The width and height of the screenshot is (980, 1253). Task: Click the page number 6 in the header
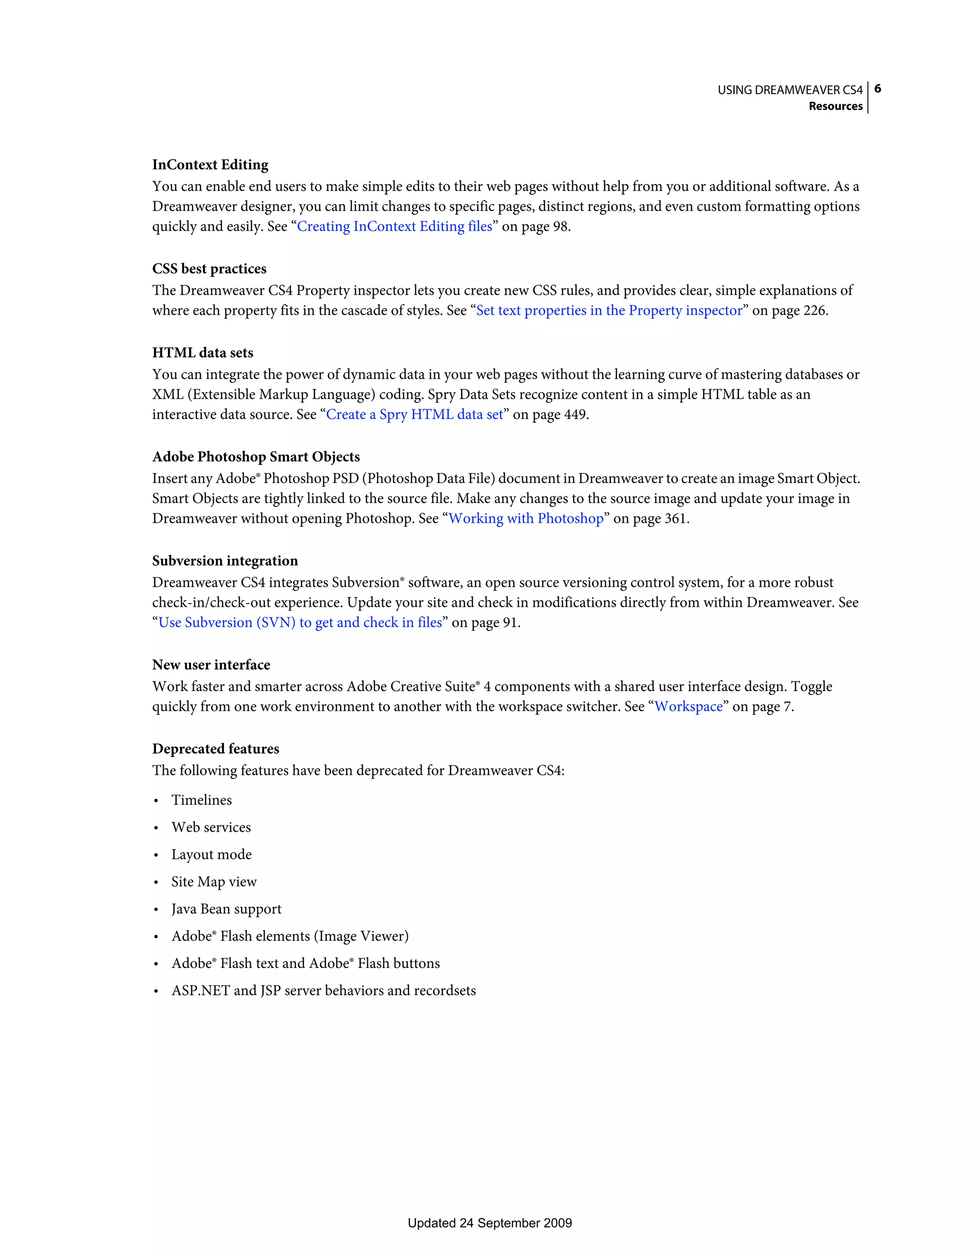click(x=877, y=89)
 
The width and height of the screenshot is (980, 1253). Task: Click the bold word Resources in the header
click(x=835, y=106)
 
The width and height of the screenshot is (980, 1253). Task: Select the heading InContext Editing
click(x=210, y=165)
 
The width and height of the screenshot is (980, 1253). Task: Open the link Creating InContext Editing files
click(x=394, y=227)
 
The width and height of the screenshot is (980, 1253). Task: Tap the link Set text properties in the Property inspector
click(x=609, y=310)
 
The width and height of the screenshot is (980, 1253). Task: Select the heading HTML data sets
click(x=203, y=353)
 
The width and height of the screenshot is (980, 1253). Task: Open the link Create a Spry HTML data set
click(x=414, y=414)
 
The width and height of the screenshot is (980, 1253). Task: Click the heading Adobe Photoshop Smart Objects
click(x=256, y=457)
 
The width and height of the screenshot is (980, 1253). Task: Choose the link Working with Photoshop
click(x=526, y=518)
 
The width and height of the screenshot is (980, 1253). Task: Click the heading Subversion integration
click(x=225, y=561)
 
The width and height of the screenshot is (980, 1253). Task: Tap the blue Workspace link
click(x=689, y=706)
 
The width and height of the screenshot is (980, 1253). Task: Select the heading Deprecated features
click(x=215, y=749)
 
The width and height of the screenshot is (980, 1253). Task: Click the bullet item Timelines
click(x=201, y=800)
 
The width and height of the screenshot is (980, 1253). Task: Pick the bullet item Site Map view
click(x=213, y=882)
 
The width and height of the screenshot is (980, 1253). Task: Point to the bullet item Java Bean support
click(x=226, y=909)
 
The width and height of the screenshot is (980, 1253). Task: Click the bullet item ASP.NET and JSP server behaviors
click(x=323, y=990)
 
